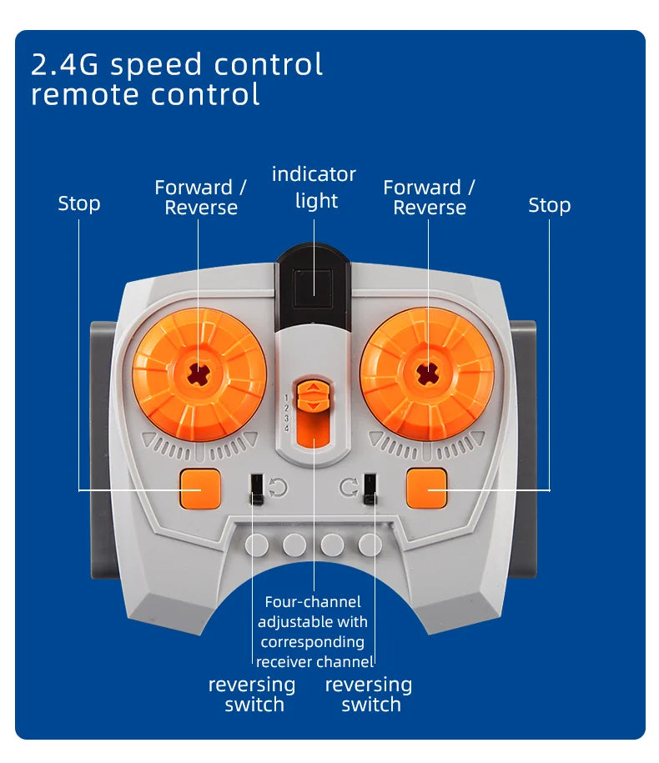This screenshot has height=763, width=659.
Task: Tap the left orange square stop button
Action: pos(200,489)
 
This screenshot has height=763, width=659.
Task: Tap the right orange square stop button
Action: pos(427,489)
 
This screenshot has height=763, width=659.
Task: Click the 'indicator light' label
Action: pos(314,188)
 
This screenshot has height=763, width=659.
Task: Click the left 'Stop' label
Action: pos(79,203)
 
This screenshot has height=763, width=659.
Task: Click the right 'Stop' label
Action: pos(549,204)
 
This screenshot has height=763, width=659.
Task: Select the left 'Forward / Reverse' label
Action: pos(200,198)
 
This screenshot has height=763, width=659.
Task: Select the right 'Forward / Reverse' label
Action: pos(429,198)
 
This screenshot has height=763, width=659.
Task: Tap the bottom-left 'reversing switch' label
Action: pos(252,695)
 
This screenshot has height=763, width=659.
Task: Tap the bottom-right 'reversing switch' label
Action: pos(369,695)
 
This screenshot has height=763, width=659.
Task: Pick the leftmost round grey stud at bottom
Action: pos(257,545)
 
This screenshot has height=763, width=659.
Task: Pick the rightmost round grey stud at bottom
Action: pos(370,545)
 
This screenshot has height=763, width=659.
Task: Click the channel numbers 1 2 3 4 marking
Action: pos(287,412)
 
